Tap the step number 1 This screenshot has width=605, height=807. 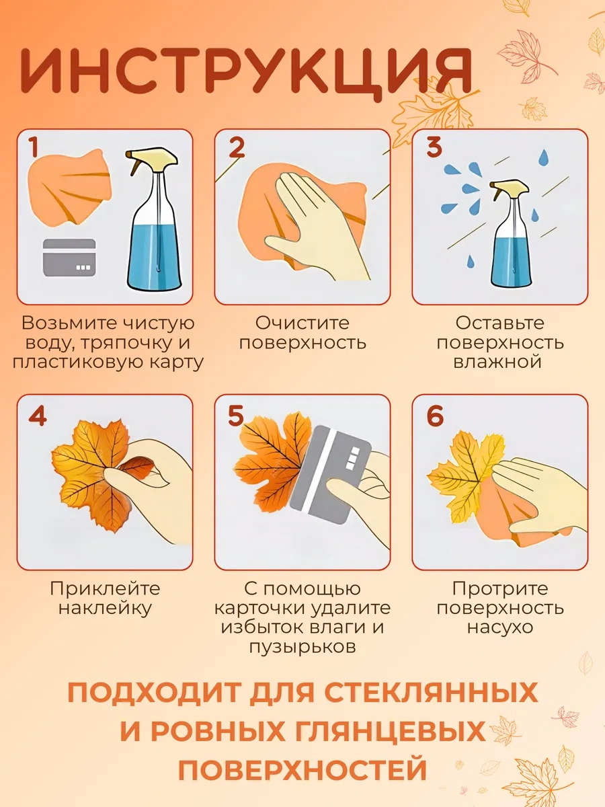pos(34,147)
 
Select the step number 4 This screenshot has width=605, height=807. pos(38,416)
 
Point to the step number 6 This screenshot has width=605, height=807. pos(435,416)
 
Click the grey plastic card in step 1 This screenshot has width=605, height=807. pos(69,258)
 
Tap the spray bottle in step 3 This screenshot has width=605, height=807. pos(512,233)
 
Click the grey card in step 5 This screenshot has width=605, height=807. pos(331,474)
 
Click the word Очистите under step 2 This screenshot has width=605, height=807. pos(302,323)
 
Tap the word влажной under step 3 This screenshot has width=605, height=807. pos(497,362)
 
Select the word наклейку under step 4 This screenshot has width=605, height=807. pos(105,608)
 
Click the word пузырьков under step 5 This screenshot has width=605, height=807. pos(302,647)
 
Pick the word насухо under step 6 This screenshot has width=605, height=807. pos(500,627)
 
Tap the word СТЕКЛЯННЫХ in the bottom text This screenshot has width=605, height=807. pos(430,692)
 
